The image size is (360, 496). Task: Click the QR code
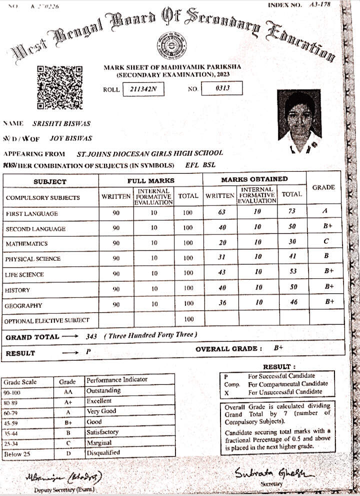click(60, 87)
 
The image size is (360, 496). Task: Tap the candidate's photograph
click(299, 122)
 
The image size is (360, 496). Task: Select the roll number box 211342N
click(143, 89)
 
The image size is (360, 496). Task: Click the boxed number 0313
click(222, 88)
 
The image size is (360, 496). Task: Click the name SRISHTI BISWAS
click(61, 123)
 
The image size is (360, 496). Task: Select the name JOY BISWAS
click(71, 138)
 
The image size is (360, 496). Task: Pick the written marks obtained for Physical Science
click(222, 257)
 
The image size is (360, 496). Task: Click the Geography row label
click(23, 306)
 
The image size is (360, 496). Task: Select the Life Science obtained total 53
click(293, 272)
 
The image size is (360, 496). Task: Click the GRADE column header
click(323, 187)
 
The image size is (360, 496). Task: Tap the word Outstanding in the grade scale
click(103, 391)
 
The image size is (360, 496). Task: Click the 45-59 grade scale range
click(11, 423)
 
